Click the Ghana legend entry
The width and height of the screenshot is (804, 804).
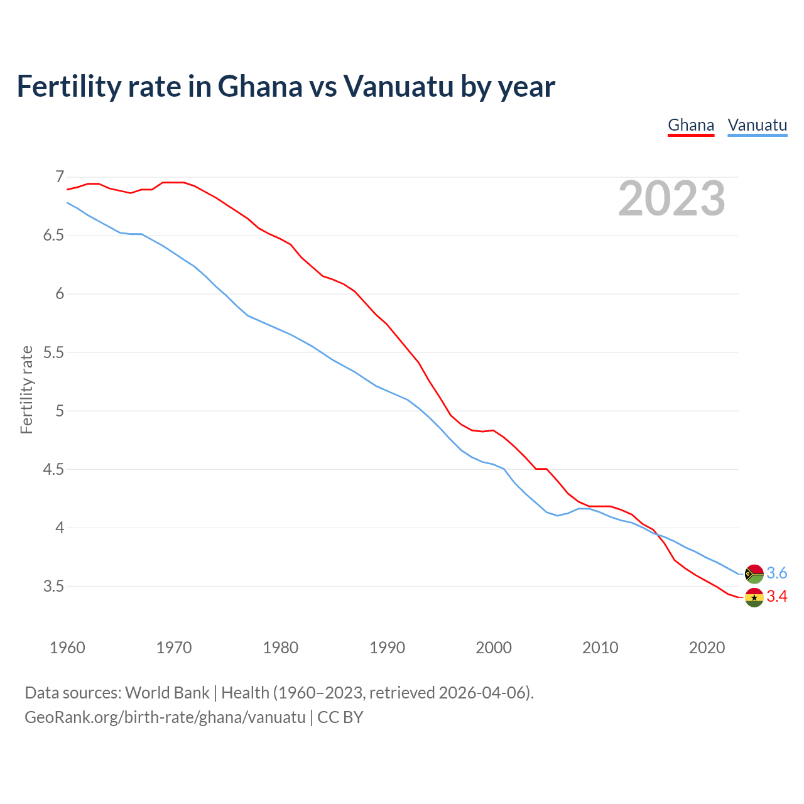point(691,125)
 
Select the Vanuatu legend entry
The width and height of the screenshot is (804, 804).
point(757,125)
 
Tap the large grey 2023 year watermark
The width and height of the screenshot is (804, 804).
point(671,198)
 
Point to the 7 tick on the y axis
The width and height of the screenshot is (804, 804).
point(60,177)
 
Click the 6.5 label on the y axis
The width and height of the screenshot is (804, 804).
point(54,236)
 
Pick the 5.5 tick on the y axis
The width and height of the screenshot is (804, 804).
point(54,352)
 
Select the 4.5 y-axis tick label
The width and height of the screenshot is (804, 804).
point(54,469)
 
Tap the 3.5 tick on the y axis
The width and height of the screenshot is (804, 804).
point(54,586)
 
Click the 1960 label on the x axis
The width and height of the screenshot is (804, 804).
point(67,648)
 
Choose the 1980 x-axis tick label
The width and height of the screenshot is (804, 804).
point(281,648)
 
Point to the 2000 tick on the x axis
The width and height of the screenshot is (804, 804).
point(494,648)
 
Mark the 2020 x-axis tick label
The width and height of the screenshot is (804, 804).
point(707,648)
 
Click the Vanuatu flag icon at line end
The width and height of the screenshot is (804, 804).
point(754,573)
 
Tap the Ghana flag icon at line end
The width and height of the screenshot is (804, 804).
point(754,597)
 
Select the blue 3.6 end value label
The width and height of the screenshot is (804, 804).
point(777,573)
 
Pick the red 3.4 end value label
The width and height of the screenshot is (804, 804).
point(777,597)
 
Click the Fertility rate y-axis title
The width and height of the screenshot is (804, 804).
point(26,389)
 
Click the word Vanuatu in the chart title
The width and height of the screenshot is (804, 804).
point(398,87)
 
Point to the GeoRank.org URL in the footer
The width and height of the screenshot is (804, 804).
point(165,717)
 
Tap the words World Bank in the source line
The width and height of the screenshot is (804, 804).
point(167,693)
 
